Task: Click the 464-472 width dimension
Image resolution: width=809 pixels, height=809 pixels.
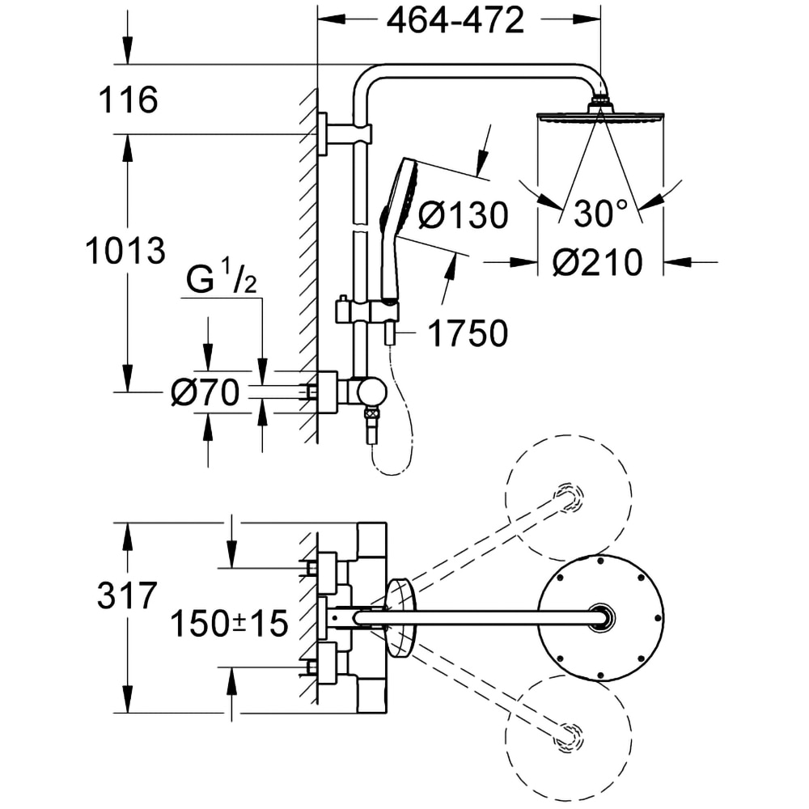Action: tap(455, 22)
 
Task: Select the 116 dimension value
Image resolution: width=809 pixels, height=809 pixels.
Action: tap(127, 101)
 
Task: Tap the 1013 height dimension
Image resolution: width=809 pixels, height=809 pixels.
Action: tap(125, 252)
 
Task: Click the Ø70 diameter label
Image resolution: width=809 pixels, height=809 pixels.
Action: tap(205, 393)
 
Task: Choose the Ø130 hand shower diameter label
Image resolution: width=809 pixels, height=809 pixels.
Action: tap(464, 215)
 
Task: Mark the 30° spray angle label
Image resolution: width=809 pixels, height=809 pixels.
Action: tap(601, 214)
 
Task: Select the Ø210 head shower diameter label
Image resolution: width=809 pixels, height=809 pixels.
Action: tap(598, 262)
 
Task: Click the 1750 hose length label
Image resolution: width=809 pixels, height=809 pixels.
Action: tap(467, 333)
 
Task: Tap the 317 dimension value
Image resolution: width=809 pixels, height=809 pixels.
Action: tap(126, 597)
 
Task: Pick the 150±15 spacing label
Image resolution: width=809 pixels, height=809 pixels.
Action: tap(229, 623)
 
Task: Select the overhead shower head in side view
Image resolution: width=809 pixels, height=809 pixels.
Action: tap(600, 116)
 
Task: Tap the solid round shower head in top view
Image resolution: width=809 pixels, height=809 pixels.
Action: tap(600, 617)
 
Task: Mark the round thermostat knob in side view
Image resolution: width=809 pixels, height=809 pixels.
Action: tap(372, 392)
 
